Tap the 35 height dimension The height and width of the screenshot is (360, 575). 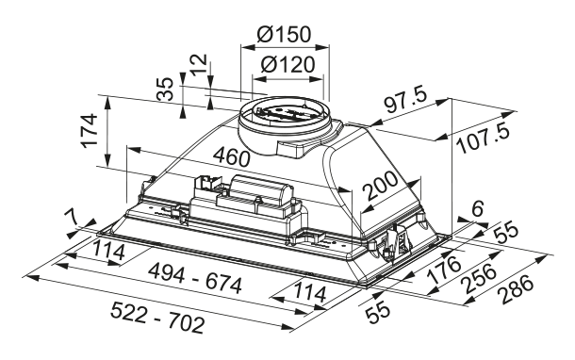[x=166, y=90]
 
